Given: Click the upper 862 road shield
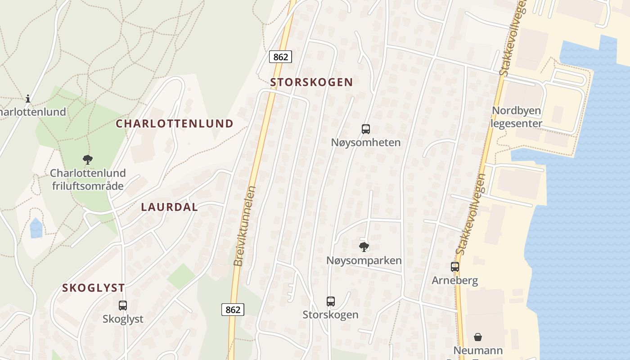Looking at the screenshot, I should tap(281, 57).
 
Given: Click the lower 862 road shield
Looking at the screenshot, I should tap(233, 310).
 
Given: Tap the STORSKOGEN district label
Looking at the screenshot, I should tap(311, 82).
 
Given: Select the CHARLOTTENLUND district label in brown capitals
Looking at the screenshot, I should tap(175, 124).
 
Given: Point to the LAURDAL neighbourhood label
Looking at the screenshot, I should tap(169, 207).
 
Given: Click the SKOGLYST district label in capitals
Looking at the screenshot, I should tap(94, 288).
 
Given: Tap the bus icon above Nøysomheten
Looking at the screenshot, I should tap(366, 129).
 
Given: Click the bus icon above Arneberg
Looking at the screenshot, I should tap(455, 266).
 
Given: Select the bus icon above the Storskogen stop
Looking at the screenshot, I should tap(331, 301).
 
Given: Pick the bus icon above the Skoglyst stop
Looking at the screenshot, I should tap(123, 305).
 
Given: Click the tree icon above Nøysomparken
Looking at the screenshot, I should tap(364, 247).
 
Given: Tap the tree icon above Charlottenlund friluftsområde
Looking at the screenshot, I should tap(88, 159).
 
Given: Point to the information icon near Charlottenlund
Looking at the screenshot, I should tap(28, 98).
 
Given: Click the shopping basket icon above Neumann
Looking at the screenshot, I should tap(478, 337).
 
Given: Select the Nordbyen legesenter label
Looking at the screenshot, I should tap(517, 117).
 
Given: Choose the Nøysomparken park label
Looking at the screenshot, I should tap(364, 261).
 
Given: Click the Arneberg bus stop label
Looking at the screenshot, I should tap(455, 280).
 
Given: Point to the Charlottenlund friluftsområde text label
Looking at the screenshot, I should tap(88, 179).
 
